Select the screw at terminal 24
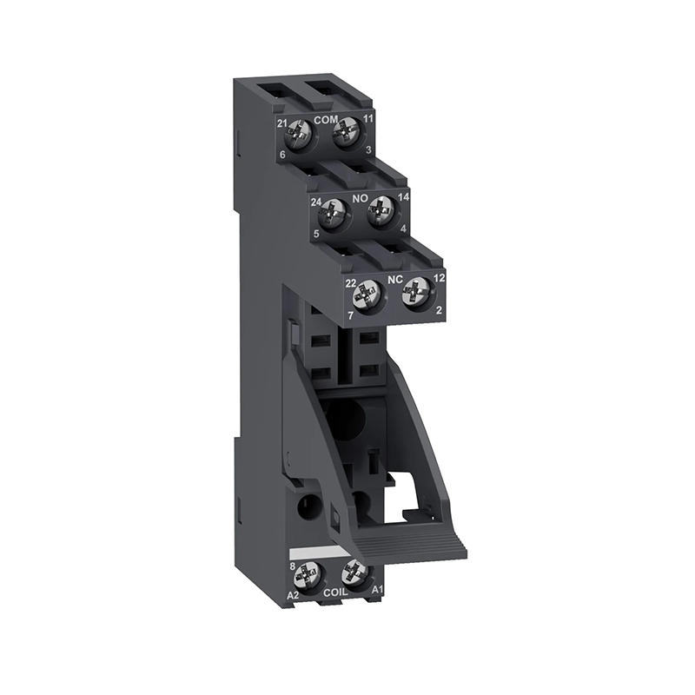[331, 213]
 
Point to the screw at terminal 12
[415, 293]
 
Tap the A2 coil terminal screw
[308, 576]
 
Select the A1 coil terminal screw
[354, 573]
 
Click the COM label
[326, 120]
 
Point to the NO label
[360, 199]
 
